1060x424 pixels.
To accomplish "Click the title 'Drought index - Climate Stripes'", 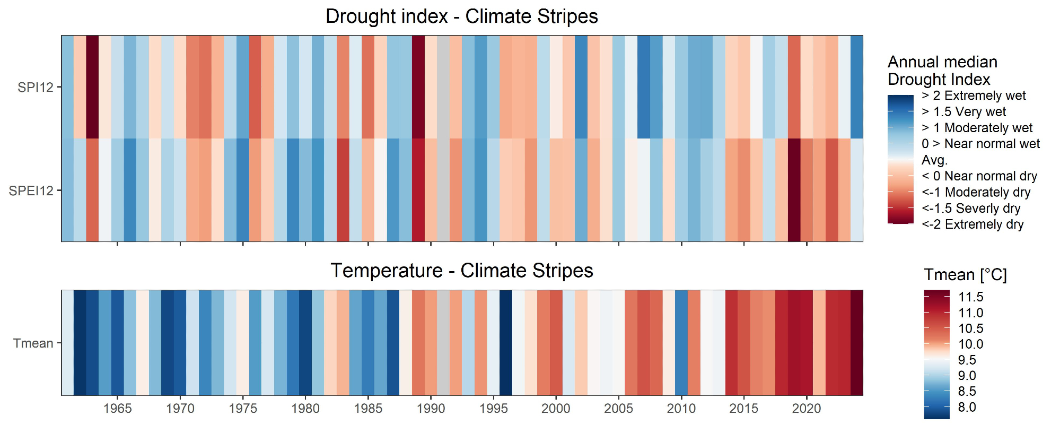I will click(x=461, y=16).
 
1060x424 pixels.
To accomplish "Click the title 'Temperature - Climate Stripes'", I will click(x=461, y=271).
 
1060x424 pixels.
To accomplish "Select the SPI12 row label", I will click(x=36, y=87).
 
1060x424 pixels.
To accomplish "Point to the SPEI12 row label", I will click(x=31, y=191).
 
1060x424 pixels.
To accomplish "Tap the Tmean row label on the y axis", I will click(x=33, y=343).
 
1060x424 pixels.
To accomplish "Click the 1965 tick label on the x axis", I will click(x=117, y=409).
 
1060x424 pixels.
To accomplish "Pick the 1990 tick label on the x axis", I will click(x=431, y=409).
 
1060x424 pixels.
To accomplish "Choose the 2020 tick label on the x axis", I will click(x=807, y=409).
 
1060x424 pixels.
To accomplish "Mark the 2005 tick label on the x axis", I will click(x=618, y=409).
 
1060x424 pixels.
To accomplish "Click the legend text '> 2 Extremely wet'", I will click(x=974, y=96).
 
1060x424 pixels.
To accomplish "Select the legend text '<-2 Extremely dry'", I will click(x=973, y=224).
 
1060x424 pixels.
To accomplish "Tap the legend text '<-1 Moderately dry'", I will click(x=976, y=192).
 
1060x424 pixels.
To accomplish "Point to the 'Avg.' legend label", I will click(x=934, y=160).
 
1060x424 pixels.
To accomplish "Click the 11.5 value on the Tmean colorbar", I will click(x=971, y=297).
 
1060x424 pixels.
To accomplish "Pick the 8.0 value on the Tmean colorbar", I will click(x=967, y=408).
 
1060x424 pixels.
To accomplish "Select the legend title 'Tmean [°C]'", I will click(x=965, y=275).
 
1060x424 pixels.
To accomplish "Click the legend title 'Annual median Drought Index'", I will click(x=942, y=71).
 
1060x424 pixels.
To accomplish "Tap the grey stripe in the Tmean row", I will click(x=443, y=343).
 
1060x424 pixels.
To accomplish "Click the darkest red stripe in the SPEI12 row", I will click(x=794, y=190).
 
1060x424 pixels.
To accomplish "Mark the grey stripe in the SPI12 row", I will click(x=443, y=87).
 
